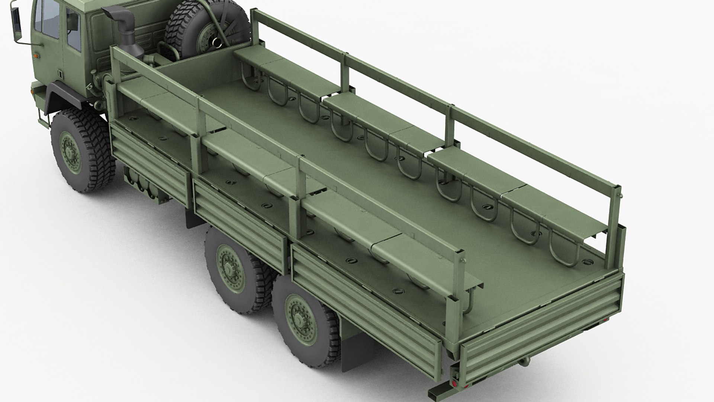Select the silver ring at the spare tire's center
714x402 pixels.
(215, 42)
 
